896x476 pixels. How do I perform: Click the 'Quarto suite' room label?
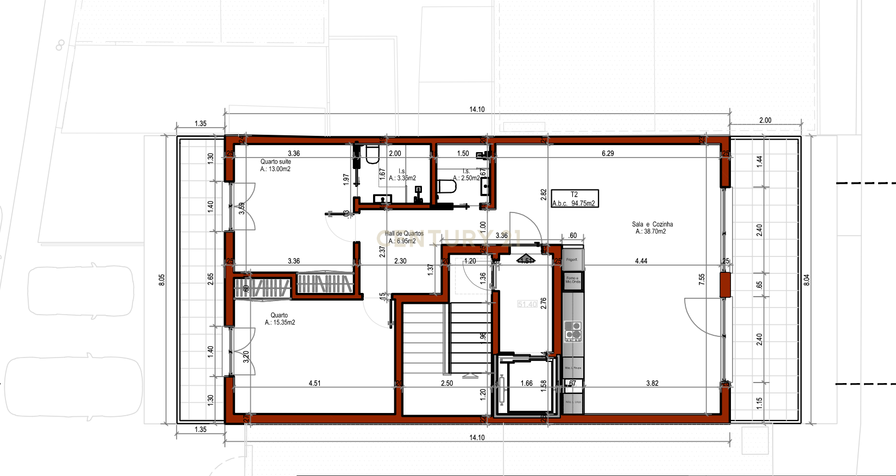(275, 162)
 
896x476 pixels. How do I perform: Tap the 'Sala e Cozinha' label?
(652, 224)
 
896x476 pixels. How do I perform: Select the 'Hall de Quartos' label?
(404, 234)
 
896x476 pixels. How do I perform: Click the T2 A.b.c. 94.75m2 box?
(575, 199)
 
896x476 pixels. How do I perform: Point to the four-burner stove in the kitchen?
(573, 331)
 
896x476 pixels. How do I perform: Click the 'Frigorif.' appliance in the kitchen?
(572, 259)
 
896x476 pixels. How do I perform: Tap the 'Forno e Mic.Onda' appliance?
(572, 280)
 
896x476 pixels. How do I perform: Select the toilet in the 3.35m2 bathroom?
(372, 155)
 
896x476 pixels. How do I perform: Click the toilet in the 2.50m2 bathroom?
(446, 187)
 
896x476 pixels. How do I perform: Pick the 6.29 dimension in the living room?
(608, 154)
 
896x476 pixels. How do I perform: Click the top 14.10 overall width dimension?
(477, 110)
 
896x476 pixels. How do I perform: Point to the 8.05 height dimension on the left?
(162, 280)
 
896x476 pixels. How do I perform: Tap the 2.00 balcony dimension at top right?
(765, 121)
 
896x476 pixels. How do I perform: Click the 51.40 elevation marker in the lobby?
(527, 304)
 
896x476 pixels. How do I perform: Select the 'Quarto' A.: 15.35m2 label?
(280, 319)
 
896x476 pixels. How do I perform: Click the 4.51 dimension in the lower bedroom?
(314, 383)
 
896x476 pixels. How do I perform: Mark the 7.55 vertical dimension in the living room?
(702, 279)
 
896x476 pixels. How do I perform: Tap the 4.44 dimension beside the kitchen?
(641, 261)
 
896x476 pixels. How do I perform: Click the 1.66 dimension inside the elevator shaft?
(526, 383)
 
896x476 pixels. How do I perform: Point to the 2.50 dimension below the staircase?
(446, 383)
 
